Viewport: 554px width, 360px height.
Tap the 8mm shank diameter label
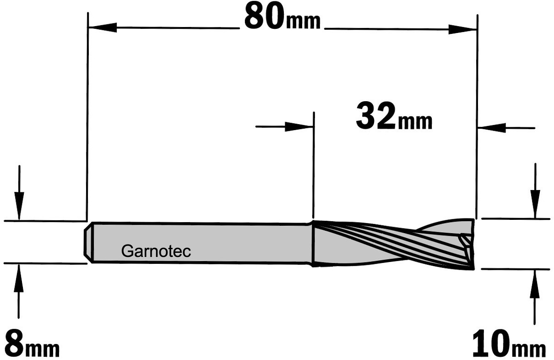click(32, 344)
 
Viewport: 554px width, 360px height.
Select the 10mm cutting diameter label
click(509, 344)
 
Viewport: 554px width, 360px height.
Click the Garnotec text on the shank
click(156, 251)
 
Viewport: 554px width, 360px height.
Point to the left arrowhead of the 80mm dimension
click(103, 27)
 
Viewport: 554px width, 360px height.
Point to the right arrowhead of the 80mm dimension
click(463, 29)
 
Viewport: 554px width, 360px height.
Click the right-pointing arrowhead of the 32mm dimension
click(299, 127)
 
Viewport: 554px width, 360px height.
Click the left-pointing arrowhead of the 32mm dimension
click(492, 128)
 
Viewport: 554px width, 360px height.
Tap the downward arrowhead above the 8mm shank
click(19, 206)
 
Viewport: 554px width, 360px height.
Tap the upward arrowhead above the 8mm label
click(18, 278)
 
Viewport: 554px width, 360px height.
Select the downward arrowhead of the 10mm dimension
click(535, 204)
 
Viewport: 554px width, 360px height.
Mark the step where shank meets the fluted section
click(313, 244)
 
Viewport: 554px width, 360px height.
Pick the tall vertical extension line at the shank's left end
click(87, 116)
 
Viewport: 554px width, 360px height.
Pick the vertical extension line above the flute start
click(314, 165)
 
